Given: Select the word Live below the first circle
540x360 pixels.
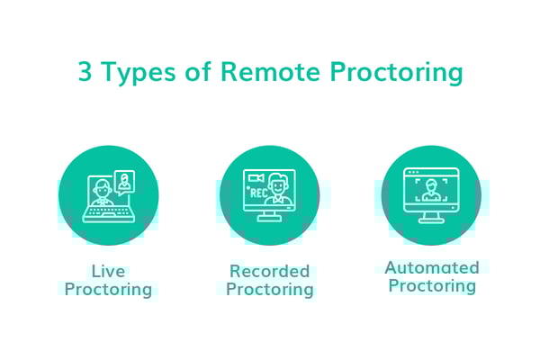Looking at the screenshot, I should click(108, 271).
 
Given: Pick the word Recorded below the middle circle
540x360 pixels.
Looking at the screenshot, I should click(269, 271).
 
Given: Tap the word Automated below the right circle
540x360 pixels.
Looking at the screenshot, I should click(432, 267).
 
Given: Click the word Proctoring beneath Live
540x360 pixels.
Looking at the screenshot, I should click(108, 289).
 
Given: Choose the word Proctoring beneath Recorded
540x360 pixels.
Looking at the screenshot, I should click(269, 289).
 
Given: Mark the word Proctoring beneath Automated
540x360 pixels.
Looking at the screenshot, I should click(432, 286).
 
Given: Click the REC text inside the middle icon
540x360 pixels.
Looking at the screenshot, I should click(256, 192).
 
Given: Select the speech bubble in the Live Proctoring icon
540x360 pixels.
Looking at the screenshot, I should click(124, 180).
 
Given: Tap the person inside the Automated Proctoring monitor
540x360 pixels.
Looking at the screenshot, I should click(431, 190).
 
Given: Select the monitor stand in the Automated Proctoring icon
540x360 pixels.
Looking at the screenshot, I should click(431, 217).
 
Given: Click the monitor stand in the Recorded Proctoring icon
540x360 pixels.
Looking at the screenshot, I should click(269, 216).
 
